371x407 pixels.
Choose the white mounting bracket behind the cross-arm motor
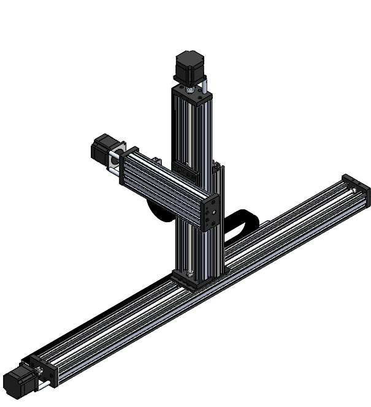[x=113, y=160]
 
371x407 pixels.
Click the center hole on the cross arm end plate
[x=210, y=214]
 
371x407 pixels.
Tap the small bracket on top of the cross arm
[x=156, y=160]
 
